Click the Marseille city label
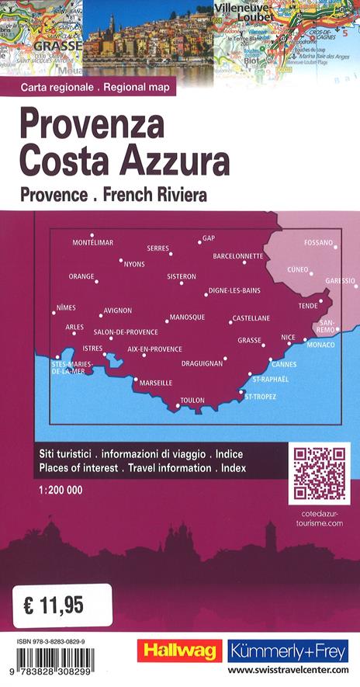pyautogui.click(x=156, y=383)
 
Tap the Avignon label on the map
pyautogui.click(x=118, y=311)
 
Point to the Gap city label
pyautogui.click(x=208, y=238)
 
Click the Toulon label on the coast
pyautogui.click(x=192, y=401)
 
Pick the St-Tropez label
pyautogui.click(x=260, y=397)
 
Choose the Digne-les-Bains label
pyautogui.click(x=234, y=291)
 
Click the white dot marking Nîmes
pyautogui.click(x=54, y=313)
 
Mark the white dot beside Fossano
pyautogui.click(x=335, y=245)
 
